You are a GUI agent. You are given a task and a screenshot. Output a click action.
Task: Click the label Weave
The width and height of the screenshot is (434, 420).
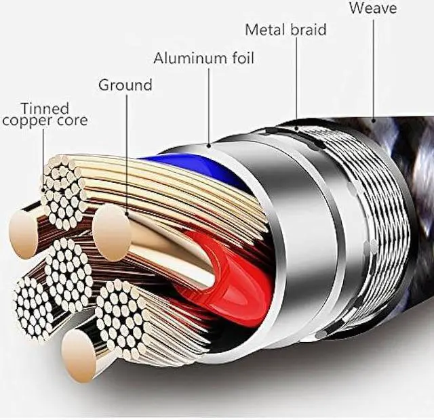372,8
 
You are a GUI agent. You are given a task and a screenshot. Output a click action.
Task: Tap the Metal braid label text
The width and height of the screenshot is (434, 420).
285,29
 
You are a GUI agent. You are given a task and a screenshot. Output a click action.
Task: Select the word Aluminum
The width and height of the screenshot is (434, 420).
189,58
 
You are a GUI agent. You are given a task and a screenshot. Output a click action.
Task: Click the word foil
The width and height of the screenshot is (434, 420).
241,58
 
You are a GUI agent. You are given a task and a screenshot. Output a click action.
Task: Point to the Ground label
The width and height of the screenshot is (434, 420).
125,85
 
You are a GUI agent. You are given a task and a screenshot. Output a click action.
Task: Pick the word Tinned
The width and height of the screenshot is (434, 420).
44,108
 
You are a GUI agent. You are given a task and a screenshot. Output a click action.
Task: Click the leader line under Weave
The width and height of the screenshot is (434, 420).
372,68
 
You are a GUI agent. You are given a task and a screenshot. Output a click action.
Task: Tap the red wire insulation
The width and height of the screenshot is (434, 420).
231,285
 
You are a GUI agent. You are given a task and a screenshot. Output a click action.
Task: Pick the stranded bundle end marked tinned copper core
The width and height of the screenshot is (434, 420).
64,190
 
